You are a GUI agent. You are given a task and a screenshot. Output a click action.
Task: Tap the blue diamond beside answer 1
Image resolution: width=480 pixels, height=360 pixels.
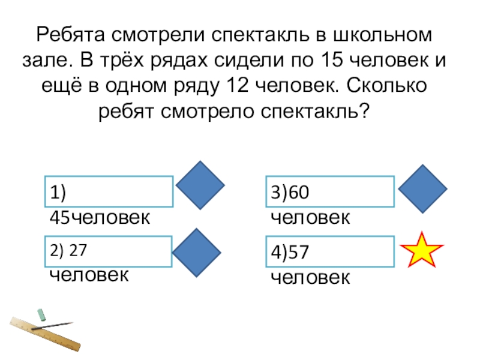(x=200, y=185)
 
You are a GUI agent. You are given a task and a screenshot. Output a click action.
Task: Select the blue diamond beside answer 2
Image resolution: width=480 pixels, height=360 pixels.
(x=197, y=253)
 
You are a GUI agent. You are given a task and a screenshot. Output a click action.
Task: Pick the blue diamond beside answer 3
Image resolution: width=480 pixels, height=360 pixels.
(x=423, y=189)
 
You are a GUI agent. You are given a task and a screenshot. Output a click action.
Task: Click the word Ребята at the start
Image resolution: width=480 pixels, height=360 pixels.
(x=71, y=35)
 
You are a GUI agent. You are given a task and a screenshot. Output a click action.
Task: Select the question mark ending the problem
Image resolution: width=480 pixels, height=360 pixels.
(x=365, y=111)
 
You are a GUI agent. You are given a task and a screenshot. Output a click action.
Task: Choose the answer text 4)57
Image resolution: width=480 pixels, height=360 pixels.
(x=290, y=252)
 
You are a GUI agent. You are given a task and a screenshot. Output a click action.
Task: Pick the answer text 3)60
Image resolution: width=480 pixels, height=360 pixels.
(x=290, y=192)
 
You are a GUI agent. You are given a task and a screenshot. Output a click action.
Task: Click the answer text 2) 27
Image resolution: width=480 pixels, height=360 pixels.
(x=68, y=250)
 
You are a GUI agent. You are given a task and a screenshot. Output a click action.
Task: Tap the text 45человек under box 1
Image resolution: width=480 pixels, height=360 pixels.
(x=100, y=218)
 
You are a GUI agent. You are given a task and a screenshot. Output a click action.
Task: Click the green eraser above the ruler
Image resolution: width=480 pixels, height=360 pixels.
(x=41, y=315)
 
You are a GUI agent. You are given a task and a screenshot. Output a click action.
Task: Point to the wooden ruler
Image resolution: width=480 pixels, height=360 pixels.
(x=45, y=334)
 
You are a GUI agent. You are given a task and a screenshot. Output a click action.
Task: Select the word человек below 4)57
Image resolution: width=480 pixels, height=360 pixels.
(x=310, y=278)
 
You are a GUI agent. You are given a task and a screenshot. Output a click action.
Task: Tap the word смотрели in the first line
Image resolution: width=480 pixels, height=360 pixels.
(x=158, y=35)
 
